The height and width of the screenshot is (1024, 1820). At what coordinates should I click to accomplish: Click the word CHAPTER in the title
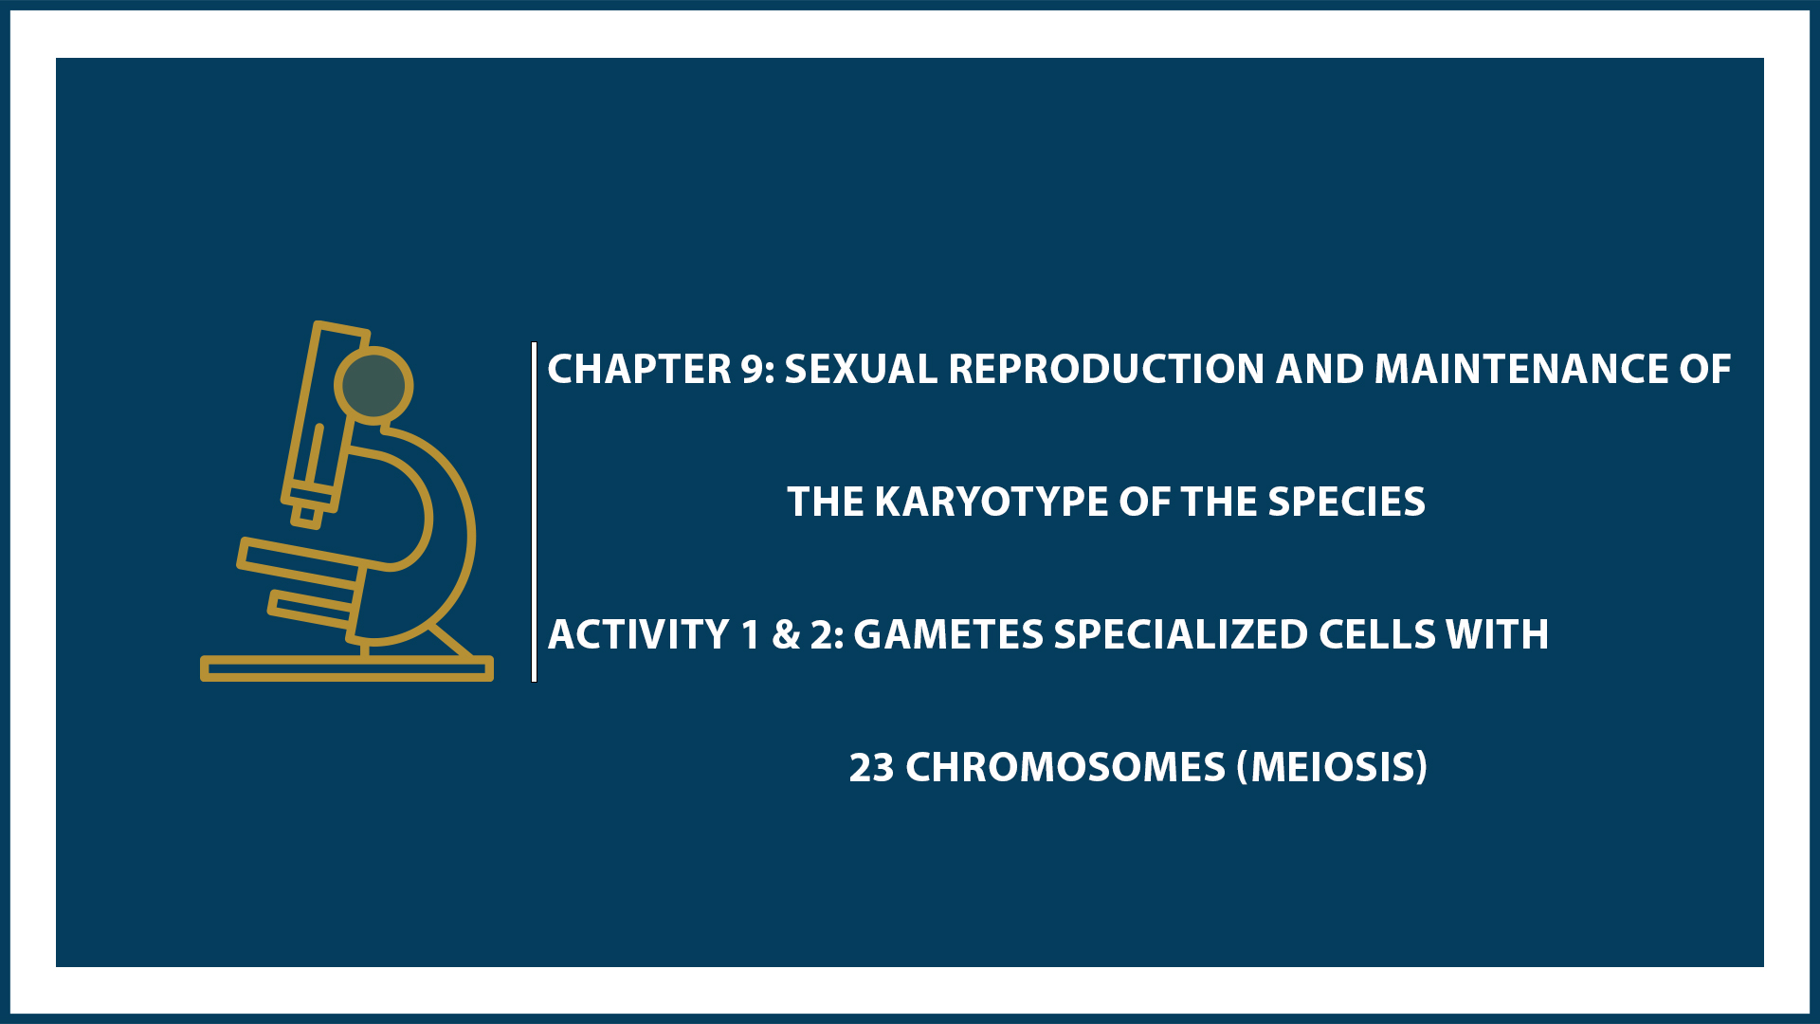[x=639, y=369]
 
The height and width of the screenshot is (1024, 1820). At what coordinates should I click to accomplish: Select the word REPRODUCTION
[x=1106, y=369]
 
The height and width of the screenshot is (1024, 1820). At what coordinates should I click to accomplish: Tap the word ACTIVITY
[x=639, y=634]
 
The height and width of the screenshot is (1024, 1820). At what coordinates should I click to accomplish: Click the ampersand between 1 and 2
[x=786, y=635]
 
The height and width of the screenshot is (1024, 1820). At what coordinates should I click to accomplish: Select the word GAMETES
[x=948, y=634]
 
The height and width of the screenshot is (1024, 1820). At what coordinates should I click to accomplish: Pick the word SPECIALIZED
[x=1180, y=634]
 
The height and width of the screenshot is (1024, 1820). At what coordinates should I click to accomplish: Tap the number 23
[x=871, y=767]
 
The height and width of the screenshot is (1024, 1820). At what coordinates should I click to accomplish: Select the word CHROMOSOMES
[x=1065, y=767]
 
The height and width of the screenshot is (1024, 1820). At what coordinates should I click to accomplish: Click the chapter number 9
[x=753, y=369]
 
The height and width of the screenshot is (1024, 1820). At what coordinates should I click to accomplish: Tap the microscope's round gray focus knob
[x=373, y=385]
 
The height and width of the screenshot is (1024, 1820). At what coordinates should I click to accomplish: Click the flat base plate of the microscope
[x=347, y=668]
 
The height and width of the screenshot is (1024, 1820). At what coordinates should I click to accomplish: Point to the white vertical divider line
[x=535, y=512]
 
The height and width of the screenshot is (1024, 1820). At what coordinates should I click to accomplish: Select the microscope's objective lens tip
[x=306, y=515]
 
